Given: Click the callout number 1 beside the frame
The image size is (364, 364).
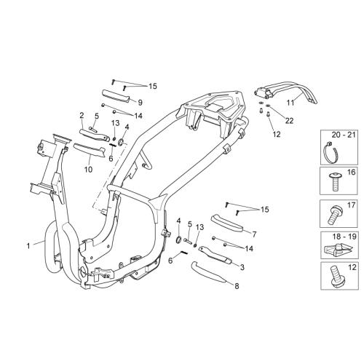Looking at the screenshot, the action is [28, 246].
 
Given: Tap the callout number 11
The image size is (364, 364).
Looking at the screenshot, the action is [290, 103].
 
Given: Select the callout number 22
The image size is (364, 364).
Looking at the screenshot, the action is [289, 121].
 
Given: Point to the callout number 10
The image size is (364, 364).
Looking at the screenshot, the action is [88, 170].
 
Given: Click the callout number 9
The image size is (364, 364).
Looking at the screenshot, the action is [140, 103].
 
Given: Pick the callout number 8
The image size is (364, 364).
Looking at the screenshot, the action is [237, 286].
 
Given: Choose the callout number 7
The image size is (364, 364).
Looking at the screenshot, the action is [254, 234].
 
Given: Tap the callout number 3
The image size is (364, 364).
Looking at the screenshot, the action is [242, 267].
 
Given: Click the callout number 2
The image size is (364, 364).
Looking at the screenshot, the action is [82, 115].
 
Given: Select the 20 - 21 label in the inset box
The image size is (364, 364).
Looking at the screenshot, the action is [344, 135].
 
